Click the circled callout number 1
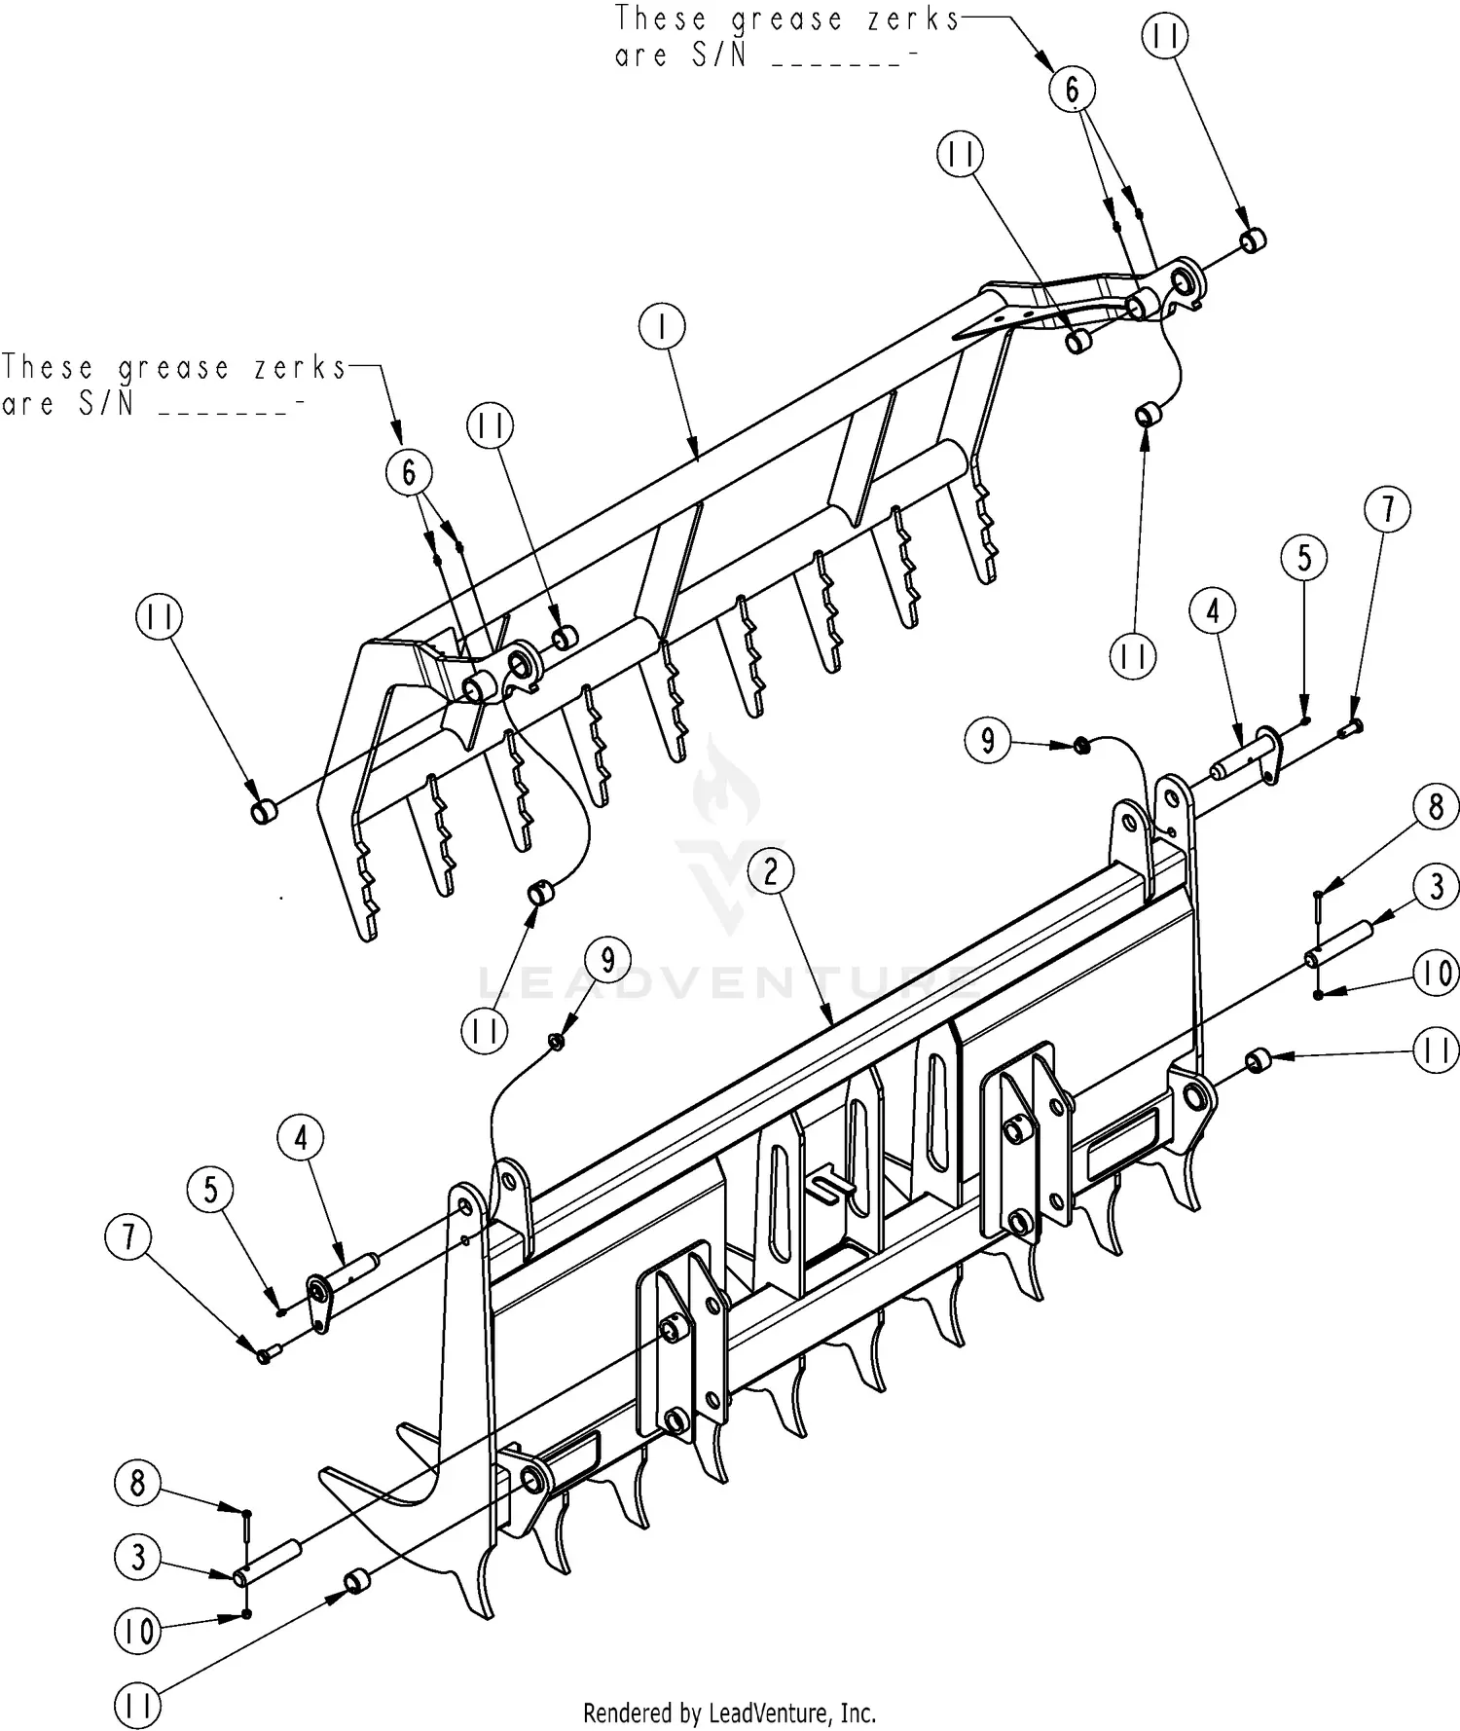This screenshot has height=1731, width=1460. (x=663, y=327)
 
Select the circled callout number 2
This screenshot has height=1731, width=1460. (x=772, y=871)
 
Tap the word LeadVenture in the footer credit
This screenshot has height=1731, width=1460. (x=771, y=1713)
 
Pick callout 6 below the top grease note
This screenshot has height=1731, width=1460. (x=1072, y=91)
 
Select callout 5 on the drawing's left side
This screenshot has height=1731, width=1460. (x=211, y=1189)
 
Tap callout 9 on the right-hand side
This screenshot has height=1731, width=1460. (x=988, y=741)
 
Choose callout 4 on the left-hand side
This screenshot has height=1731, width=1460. (x=301, y=1137)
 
